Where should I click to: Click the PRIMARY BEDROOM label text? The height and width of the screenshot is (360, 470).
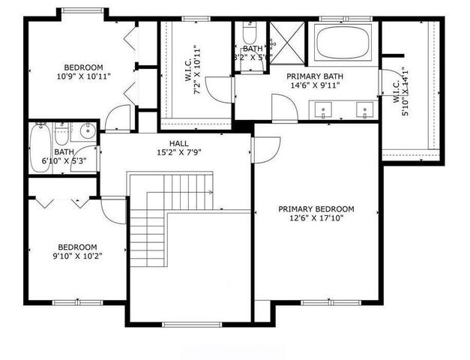click(316, 209)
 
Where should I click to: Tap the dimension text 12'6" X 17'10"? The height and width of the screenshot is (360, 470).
click(316, 219)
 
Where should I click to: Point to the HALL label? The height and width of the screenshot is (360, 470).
click(179, 143)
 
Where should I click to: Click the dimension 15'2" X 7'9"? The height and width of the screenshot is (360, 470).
click(179, 153)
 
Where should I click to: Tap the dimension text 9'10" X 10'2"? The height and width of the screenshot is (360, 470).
click(78, 256)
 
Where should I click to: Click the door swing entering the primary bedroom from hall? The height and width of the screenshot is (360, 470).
click(265, 149)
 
